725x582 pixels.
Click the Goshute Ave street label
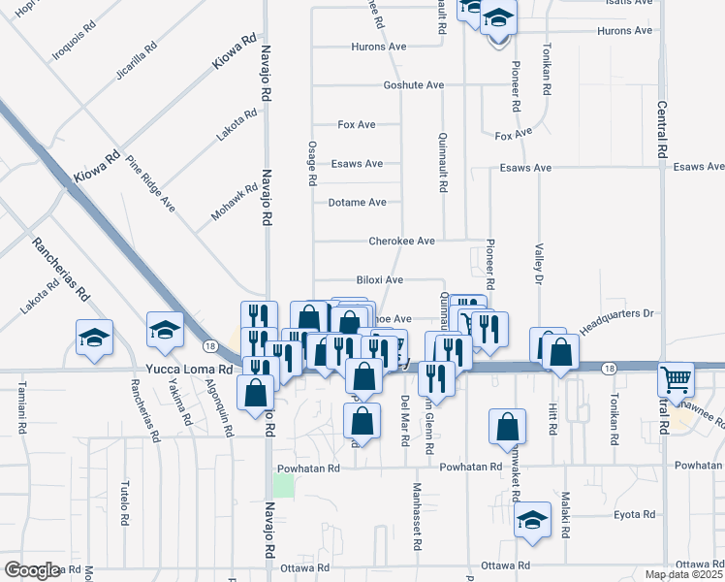413,85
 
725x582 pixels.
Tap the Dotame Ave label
357,203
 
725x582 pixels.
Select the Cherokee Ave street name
401,241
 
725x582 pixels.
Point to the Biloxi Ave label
379,279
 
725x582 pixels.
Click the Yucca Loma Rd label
189,370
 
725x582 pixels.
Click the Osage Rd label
313,162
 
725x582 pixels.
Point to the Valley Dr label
539,264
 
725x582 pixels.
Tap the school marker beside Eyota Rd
532,520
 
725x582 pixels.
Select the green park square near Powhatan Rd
283,485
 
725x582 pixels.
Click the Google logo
31,570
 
